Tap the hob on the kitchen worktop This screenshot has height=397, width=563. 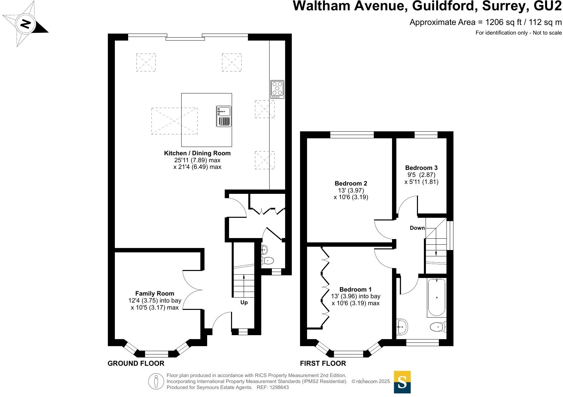click(x=277, y=89)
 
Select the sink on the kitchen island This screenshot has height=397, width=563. click(x=224, y=116)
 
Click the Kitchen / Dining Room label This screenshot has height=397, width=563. click(x=197, y=153)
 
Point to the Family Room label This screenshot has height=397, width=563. click(x=155, y=294)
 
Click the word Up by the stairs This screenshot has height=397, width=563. click(x=244, y=303)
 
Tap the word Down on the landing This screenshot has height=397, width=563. click(x=417, y=228)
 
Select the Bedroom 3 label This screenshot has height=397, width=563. click(x=421, y=168)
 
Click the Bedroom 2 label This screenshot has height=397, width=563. click(x=351, y=184)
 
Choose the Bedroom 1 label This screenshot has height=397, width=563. click(x=356, y=290)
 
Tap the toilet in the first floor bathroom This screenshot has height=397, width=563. click(x=438, y=327)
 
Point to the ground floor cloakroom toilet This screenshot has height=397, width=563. click(x=268, y=261)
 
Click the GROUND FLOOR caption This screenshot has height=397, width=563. click(x=136, y=363)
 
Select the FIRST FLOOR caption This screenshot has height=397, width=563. click(x=323, y=363)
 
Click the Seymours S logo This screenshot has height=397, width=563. click(x=402, y=382)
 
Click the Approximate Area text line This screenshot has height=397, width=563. click(x=485, y=22)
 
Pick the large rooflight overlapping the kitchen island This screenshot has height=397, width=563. click(x=174, y=121)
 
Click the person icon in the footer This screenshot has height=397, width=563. click(x=156, y=381)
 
